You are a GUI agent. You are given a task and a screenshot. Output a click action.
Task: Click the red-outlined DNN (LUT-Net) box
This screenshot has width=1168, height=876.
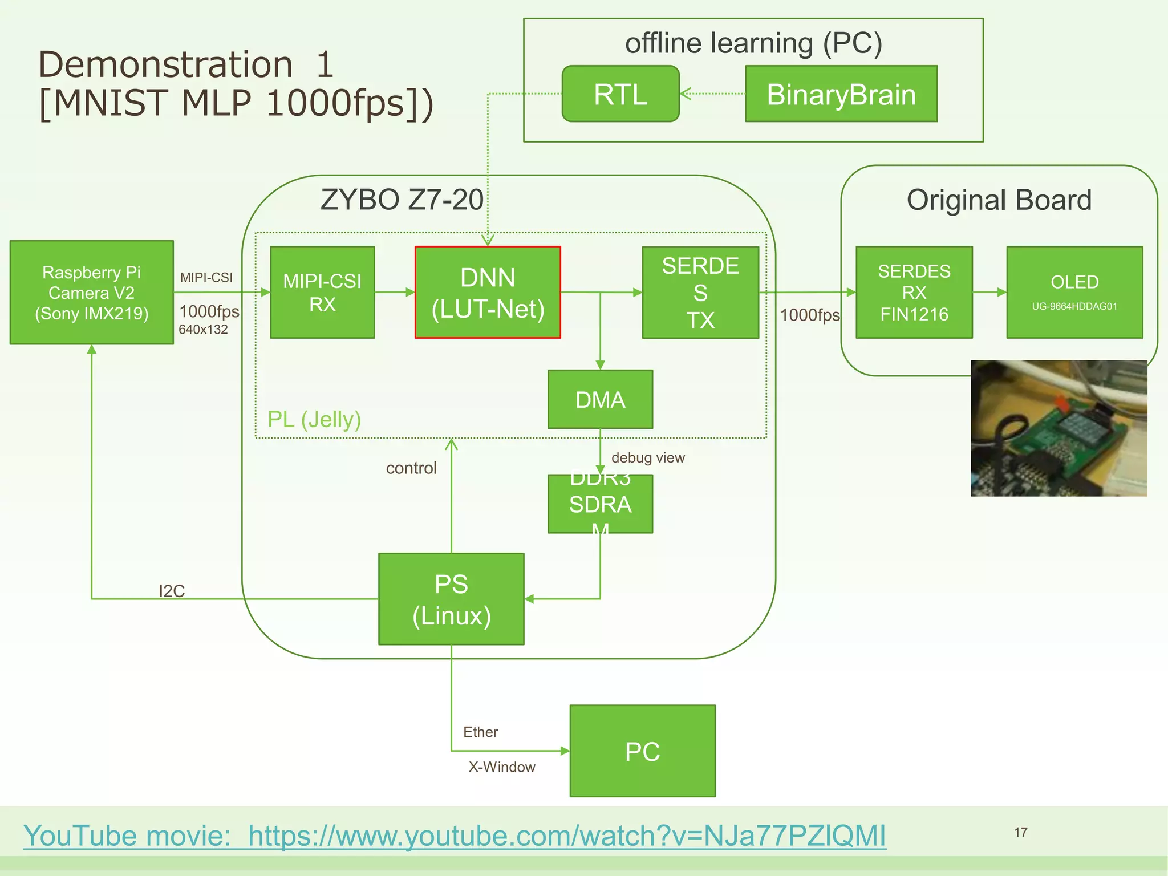(x=488, y=293)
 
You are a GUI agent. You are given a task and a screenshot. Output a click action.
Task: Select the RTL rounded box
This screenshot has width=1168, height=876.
(x=620, y=94)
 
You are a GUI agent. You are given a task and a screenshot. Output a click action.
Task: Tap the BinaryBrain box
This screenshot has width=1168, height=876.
(x=841, y=94)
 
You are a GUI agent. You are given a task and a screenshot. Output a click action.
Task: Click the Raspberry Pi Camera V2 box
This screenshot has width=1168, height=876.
(x=91, y=293)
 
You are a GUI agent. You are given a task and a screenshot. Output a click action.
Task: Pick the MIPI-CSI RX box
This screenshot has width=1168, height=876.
(x=322, y=293)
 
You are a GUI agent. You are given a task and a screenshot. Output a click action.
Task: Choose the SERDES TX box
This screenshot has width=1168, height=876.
(x=700, y=293)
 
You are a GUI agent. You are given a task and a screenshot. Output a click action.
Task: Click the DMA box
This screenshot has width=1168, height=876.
(x=600, y=399)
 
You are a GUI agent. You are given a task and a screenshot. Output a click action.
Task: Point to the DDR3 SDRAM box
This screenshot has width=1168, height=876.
(x=600, y=504)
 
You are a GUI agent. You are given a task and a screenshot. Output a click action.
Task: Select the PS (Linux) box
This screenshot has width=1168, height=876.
(x=451, y=599)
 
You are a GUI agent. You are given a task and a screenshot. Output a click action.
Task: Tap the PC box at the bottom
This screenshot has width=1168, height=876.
(x=642, y=751)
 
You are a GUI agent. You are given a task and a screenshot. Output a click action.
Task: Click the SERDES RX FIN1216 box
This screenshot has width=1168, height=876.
(x=914, y=293)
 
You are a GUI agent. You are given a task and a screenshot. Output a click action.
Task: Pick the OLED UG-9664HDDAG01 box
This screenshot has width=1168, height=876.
(x=1074, y=293)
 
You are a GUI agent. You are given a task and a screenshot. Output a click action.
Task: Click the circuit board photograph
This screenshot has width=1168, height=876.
(x=1058, y=428)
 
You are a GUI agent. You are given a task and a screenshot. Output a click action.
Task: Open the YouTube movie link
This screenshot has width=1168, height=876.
(x=455, y=836)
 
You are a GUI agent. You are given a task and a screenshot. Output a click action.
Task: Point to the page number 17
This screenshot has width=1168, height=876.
(x=1020, y=833)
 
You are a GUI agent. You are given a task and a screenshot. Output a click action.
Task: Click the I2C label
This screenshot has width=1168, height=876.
(x=172, y=591)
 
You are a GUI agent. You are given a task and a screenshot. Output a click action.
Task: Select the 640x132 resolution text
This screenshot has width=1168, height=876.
(x=203, y=330)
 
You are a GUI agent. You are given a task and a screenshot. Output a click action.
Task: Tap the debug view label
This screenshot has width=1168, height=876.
(x=648, y=458)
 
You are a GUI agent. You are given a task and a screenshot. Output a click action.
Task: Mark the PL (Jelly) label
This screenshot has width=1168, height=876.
(x=314, y=420)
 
